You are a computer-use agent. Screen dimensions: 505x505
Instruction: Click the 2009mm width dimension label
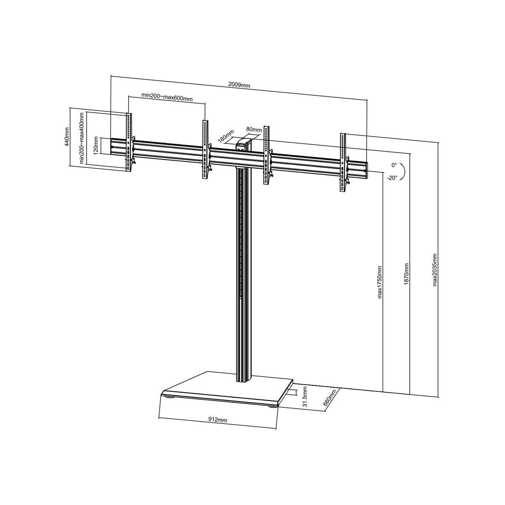click(239, 85)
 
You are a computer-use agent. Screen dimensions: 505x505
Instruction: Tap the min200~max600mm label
click(167, 97)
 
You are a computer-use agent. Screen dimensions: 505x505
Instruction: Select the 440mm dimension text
click(66, 136)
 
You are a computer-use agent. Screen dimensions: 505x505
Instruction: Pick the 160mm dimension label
click(226, 136)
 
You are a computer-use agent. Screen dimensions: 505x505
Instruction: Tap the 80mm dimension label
click(254, 130)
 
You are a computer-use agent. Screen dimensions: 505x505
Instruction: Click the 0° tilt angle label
click(394, 165)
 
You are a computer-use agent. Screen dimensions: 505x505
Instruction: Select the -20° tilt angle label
click(392, 178)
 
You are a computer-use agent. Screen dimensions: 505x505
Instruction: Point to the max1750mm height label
click(380, 282)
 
